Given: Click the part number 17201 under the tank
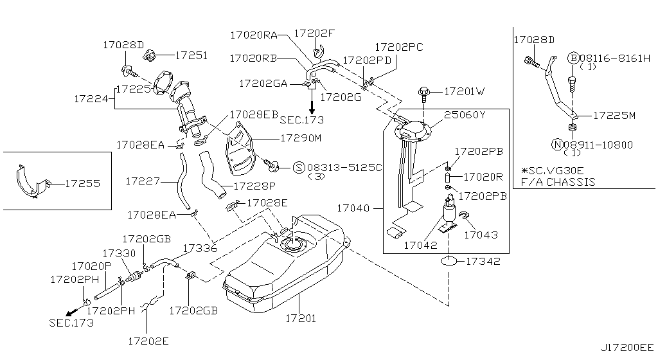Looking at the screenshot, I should coord(301,318).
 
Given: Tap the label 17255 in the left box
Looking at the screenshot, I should coord(83,183).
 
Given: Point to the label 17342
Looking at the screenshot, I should coord(483,262).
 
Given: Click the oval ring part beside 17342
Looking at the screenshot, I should coord(450,262).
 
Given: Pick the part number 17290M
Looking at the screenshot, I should coord(300,138).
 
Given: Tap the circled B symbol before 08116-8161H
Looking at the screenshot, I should coord(573,58).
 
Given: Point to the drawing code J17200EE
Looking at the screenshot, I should coord(626,348).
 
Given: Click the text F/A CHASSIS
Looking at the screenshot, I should coord(558,182).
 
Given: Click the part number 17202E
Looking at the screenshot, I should coord(148,341).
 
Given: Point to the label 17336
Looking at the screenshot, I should coord(200,247).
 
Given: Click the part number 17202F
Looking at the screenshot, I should coord(314,33).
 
